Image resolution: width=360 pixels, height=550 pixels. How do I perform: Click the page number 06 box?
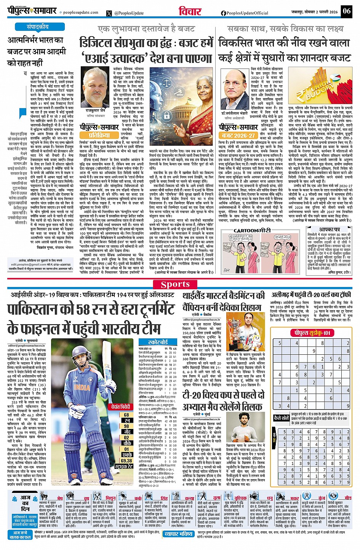(346, 11)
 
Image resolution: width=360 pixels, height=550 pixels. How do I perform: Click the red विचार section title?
(190, 11)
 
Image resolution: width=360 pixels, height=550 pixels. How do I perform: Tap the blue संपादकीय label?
(38, 27)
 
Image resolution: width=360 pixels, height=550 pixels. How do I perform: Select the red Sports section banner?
(175, 284)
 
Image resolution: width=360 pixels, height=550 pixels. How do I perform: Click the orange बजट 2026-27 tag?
(239, 135)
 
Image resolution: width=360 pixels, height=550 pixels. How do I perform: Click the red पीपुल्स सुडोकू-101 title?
(312, 333)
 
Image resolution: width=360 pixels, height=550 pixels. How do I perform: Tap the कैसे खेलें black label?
(282, 418)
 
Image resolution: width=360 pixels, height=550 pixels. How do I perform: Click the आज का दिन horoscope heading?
(25, 503)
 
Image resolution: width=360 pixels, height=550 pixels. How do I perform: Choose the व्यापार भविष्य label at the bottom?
(179, 534)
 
